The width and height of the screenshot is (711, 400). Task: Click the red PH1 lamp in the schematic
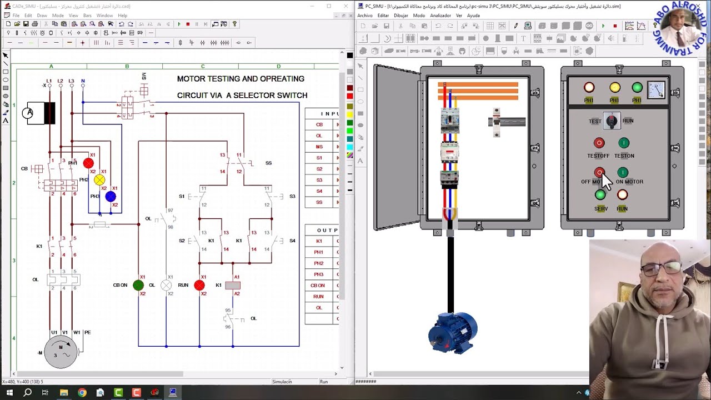coord(88,163)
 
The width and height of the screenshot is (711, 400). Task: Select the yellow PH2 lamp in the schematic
coord(99,179)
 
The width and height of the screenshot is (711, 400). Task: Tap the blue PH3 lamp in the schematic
coord(111,196)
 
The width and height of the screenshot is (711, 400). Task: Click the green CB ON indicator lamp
coord(138,285)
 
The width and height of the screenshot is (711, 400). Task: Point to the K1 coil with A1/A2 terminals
coord(233,285)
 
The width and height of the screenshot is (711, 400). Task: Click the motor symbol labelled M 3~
coord(61,352)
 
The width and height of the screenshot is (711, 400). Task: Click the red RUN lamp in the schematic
coord(199,285)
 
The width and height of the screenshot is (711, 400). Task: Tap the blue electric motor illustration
coord(453,332)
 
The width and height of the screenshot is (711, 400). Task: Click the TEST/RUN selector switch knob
coord(612,121)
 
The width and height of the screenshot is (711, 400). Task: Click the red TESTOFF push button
coord(599,143)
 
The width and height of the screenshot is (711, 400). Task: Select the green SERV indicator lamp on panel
coord(600,195)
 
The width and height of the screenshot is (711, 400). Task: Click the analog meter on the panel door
coord(656,89)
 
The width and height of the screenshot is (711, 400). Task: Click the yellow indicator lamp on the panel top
coord(615,88)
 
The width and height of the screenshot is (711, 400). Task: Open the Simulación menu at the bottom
coord(282,382)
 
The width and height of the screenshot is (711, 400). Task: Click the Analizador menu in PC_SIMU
coord(440,16)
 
